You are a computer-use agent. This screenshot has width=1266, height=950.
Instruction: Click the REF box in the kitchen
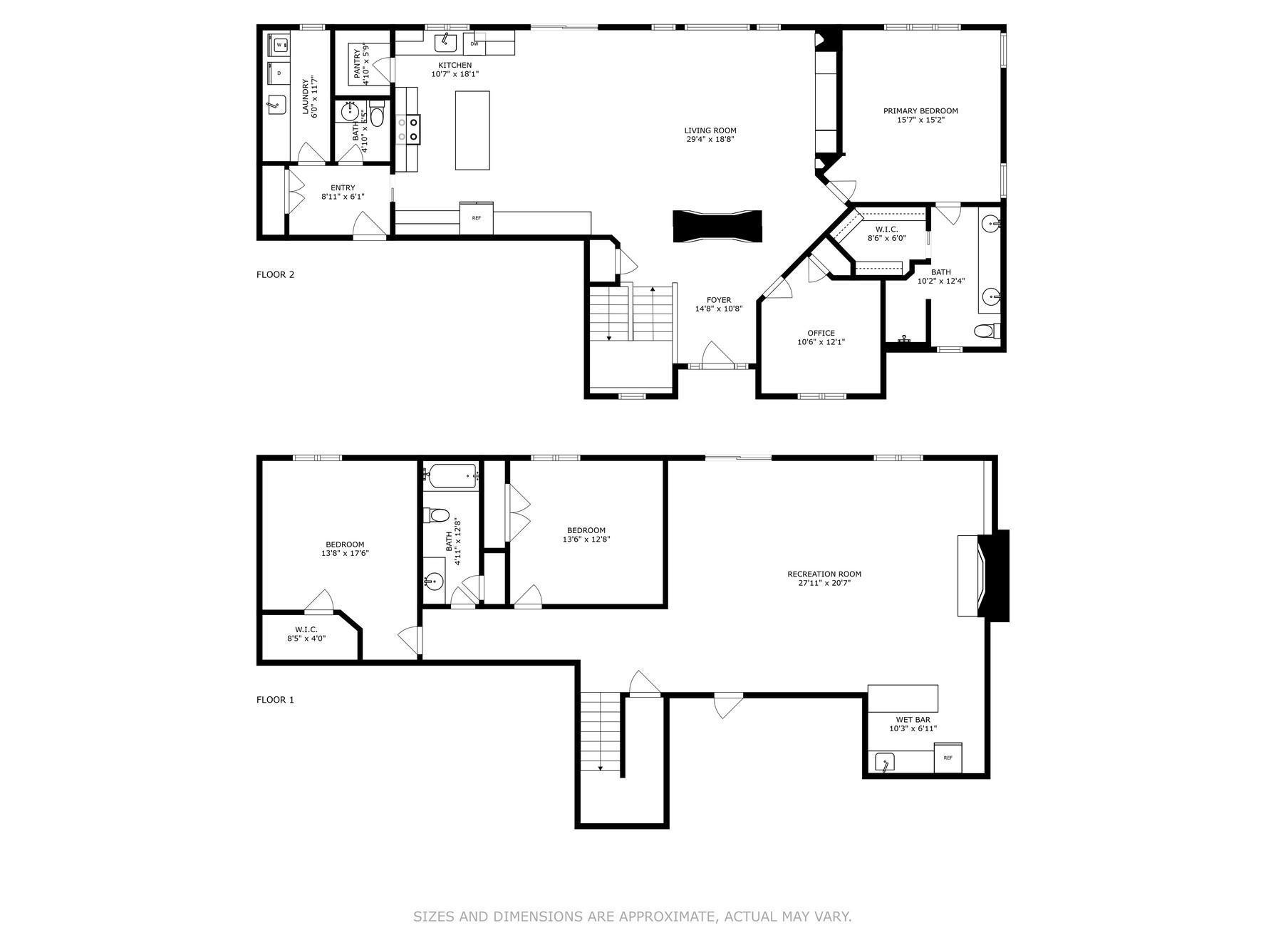[476, 217]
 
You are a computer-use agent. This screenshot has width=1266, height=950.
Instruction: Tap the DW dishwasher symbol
[474, 43]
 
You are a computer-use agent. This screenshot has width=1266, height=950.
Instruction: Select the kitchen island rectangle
[472, 130]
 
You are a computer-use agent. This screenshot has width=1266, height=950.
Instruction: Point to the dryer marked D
[279, 73]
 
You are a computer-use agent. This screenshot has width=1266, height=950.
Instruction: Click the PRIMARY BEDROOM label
[920, 110]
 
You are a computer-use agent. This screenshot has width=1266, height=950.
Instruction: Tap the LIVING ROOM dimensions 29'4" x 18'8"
[710, 140]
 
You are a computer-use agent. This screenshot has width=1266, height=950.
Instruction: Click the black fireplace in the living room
[717, 227]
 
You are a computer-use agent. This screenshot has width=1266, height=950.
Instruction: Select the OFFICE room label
[821, 333]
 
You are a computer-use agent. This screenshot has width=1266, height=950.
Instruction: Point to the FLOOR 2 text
[275, 274]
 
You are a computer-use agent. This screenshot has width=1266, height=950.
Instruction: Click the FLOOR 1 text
[275, 700]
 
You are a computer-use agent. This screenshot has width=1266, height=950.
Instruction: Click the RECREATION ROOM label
[824, 574]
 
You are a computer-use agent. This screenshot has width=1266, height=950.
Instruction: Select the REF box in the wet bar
[948, 758]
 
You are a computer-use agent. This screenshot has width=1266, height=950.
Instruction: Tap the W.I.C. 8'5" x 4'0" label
[306, 634]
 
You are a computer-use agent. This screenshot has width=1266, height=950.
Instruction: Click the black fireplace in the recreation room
[995, 575]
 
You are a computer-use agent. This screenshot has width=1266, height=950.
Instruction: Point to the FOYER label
[718, 300]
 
